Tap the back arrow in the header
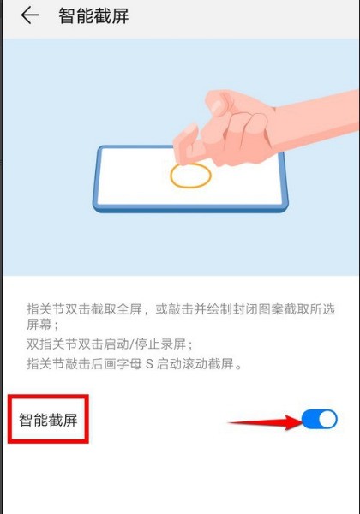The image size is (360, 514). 30,15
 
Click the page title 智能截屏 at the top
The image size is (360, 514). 93,15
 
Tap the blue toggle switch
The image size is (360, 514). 319,419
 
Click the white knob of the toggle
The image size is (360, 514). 327,419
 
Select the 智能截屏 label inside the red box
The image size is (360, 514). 48,420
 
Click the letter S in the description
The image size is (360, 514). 149,364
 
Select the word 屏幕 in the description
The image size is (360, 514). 39,326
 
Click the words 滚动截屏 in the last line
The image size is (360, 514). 207,364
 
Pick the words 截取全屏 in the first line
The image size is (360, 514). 116,308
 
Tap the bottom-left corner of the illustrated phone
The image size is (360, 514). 96,208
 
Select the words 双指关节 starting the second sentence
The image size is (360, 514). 51,344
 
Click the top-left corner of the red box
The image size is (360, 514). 9,395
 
